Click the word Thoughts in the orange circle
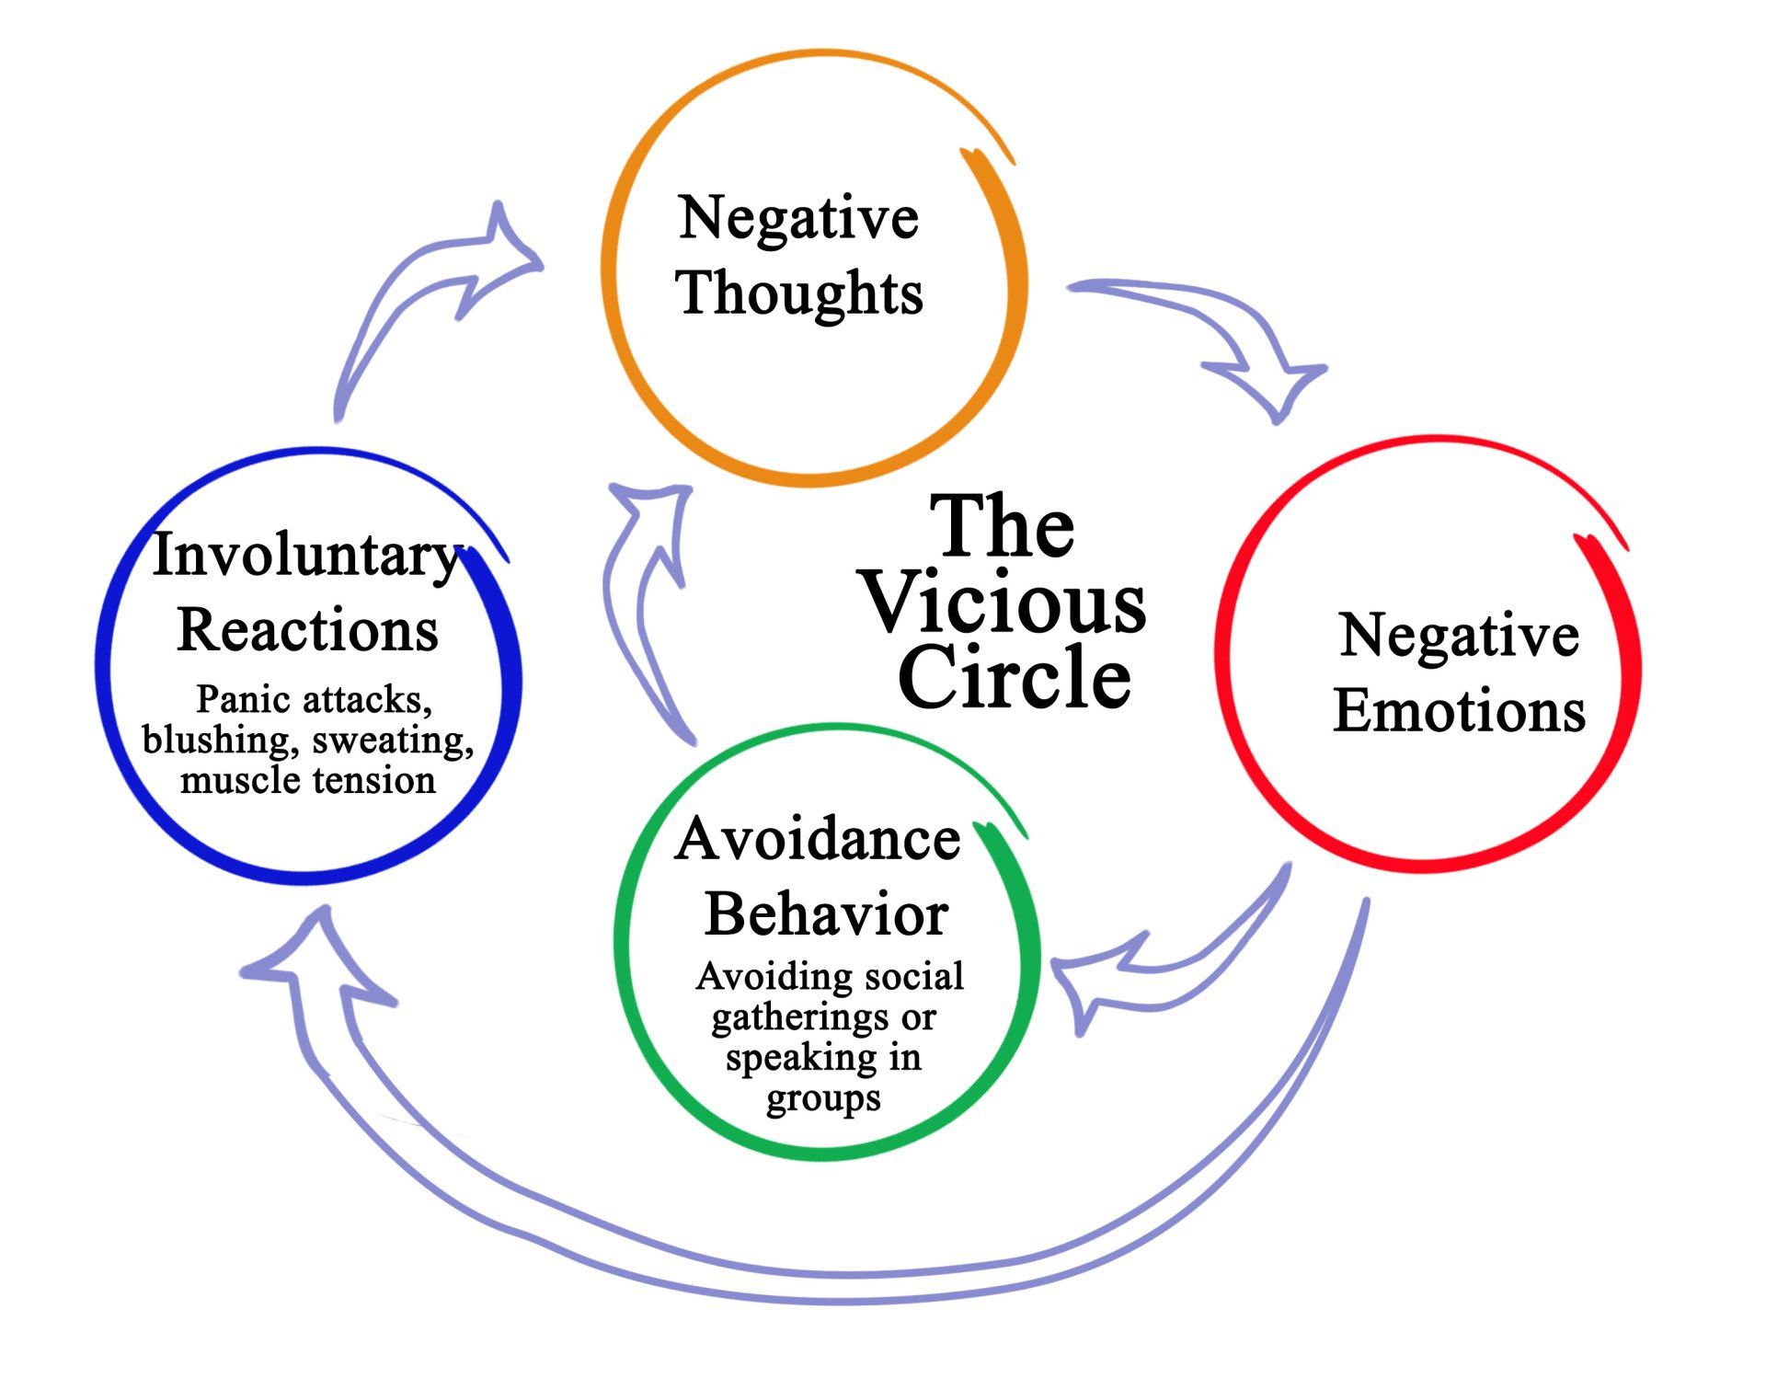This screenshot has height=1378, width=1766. click(x=799, y=293)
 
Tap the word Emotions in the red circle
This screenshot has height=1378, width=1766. click(x=1460, y=710)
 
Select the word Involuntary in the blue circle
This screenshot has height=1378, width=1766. click(x=306, y=555)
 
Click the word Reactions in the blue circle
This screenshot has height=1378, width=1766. click(x=307, y=630)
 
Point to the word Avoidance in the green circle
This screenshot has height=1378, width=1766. click(x=818, y=839)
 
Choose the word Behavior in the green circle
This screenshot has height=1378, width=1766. click(x=826, y=914)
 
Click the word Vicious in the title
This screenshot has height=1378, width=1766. click(x=1004, y=603)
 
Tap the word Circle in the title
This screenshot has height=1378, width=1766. click(x=1014, y=678)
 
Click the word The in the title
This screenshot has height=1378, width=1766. click(x=1002, y=526)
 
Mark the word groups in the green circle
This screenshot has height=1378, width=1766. click(x=823, y=1098)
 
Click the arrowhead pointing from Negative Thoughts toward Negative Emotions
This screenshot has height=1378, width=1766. click(x=1274, y=386)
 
